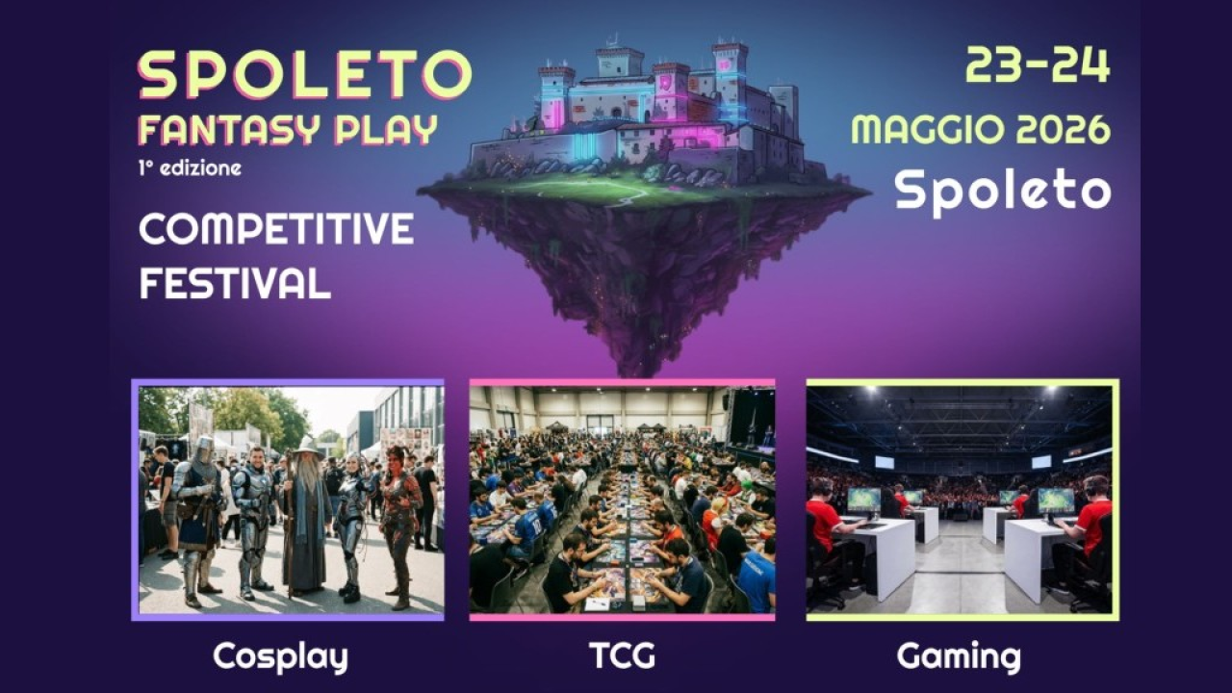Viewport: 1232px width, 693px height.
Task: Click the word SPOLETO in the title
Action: (x=304, y=75)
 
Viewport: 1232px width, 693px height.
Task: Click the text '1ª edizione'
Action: (x=189, y=167)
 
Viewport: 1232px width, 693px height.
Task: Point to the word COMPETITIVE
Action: (x=276, y=229)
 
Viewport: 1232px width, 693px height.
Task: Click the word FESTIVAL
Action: (x=235, y=283)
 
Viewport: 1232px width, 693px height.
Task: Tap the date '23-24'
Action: (x=1038, y=65)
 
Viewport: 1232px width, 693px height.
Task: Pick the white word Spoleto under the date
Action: (x=1002, y=191)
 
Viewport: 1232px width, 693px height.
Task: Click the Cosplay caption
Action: (x=280, y=657)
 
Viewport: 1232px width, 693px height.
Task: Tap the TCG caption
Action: (x=622, y=657)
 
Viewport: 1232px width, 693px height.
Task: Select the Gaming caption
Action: (x=959, y=657)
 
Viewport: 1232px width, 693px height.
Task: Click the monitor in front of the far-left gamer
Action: (x=863, y=500)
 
